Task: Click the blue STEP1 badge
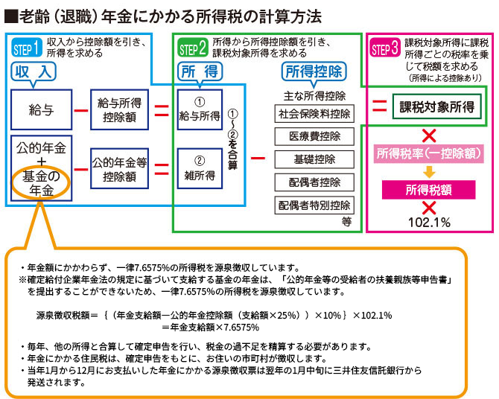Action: coord(27,49)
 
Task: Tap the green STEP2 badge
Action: coord(193,49)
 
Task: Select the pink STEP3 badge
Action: coord(384,49)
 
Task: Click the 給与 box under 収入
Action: coord(41,109)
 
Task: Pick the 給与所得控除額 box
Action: coord(119,109)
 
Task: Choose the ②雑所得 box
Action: coord(200,167)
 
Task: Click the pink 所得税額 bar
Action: coord(428,190)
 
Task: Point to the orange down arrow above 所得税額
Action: coord(428,172)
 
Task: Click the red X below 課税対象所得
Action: coord(428,135)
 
